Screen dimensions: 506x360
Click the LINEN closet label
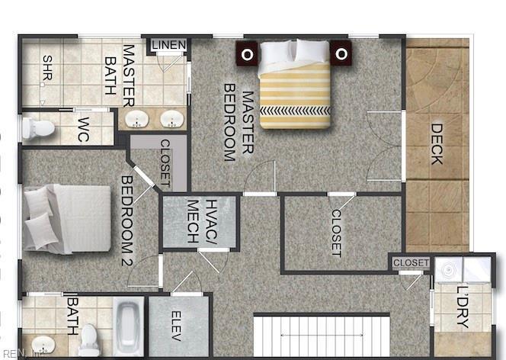(x=168, y=45)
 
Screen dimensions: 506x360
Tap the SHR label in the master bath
(x=47, y=68)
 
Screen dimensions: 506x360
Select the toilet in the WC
(x=38, y=128)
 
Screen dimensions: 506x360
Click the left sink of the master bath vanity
(x=137, y=119)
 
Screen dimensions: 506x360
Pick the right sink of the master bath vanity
(x=172, y=119)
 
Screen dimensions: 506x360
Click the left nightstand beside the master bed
(x=247, y=53)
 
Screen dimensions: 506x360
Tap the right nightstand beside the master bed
(x=341, y=53)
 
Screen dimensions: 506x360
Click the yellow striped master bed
(x=295, y=84)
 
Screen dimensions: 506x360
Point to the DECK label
(x=437, y=144)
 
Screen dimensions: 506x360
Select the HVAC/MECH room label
(x=203, y=221)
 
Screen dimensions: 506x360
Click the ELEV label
(x=176, y=326)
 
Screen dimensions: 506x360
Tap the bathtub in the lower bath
(x=129, y=326)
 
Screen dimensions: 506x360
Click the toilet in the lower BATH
(x=89, y=340)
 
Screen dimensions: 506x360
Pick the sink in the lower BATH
(x=43, y=345)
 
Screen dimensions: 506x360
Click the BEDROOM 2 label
(x=126, y=220)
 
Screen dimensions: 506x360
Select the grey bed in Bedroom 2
(x=67, y=219)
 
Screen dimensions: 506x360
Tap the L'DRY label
(x=463, y=307)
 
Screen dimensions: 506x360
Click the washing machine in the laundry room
(x=448, y=269)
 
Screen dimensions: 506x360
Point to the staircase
(x=322, y=336)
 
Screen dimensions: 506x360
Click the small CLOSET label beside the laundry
(x=411, y=262)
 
